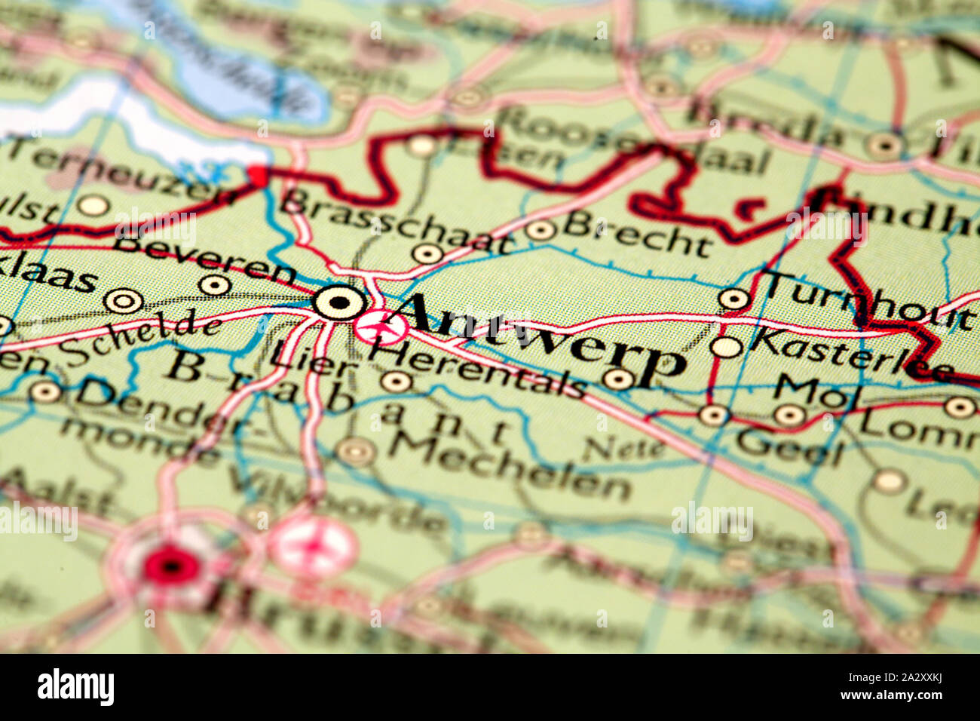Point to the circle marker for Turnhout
(733, 299)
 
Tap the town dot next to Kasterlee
(726, 347)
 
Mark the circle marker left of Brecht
(540, 230)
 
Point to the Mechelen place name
(509, 464)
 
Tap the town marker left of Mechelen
(355, 452)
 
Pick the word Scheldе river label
(140, 339)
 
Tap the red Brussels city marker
(171, 565)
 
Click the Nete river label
(623, 449)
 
